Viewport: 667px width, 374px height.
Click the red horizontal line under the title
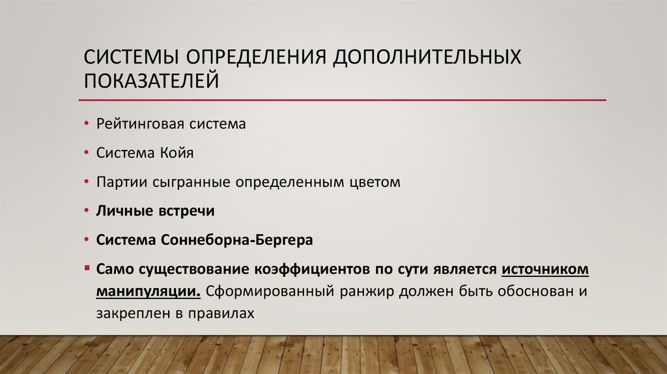pyautogui.click(x=342, y=100)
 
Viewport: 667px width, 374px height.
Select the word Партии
pyautogui.click(x=115, y=182)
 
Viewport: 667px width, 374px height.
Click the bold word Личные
pyautogui.click(x=120, y=211)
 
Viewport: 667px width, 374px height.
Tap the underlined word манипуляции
pyautogui.click(x=148, y=291)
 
